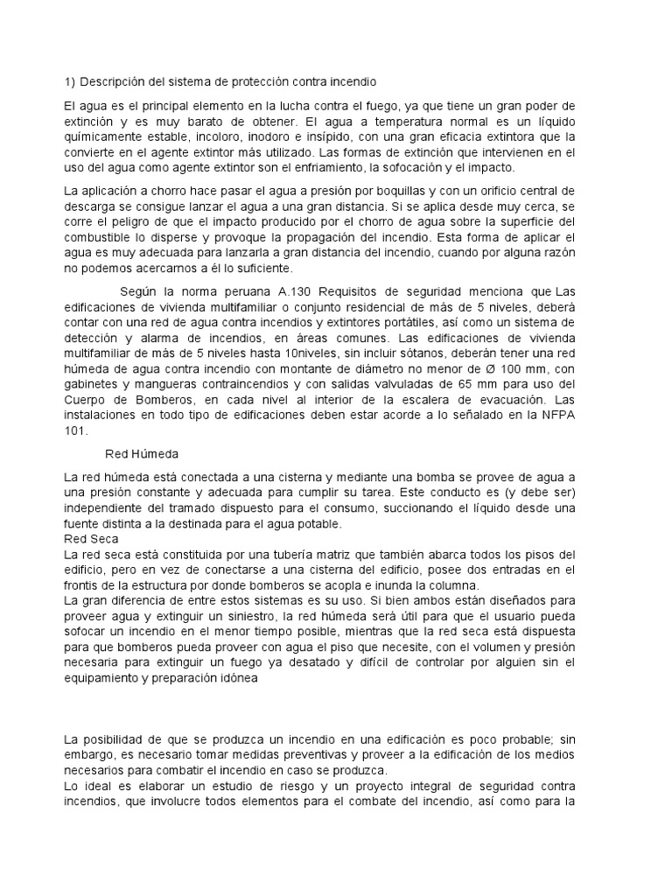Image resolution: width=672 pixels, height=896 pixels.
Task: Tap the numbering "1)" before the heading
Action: coord(70,83)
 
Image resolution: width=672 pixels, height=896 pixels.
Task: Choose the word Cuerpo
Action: coord(86,401)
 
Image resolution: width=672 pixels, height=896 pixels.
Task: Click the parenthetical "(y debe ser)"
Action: coord(554,492)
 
